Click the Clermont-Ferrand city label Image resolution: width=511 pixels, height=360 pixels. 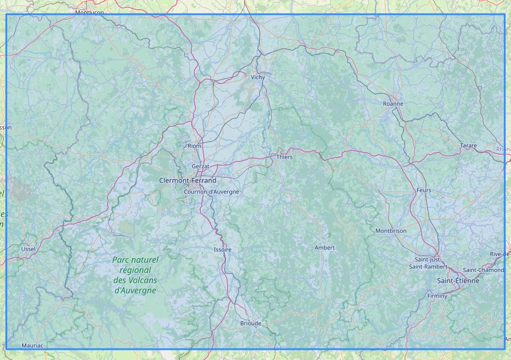click(x=188, y=180)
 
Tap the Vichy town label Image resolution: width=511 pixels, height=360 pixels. click(x=258, y=77)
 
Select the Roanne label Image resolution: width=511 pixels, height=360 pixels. click(x=393, y=104)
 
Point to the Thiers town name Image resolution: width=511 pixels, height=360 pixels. click(x=285, y=156)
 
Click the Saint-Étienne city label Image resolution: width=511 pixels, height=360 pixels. click(x=458, y=281)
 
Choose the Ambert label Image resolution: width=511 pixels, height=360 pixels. click(x=324, y=247)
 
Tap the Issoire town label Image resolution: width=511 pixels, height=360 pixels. click(x=222, y=250)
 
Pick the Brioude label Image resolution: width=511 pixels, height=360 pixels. click(x=250, y=323)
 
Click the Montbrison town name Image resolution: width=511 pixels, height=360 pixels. click(x=391, y=231)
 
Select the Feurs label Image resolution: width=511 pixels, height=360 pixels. click(x=423, y=190)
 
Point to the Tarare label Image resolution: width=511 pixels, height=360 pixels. click(x=468, y=146)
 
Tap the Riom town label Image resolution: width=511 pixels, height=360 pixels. click(x=195, y=146)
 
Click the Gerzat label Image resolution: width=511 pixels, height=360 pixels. click(x=201, y=166)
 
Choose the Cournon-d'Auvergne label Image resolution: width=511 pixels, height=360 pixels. click(x=211, y=192)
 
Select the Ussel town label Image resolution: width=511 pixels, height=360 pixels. click(x=28, y=249)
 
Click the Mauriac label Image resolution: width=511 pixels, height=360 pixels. click(x=32, y=345)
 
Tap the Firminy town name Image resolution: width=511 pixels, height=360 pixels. click(x=437, y=296)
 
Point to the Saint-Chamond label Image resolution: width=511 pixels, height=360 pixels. click(x=483, y=270)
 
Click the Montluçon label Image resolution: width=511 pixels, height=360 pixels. click(x=89, y=12)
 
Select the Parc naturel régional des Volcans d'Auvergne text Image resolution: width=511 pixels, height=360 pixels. click(x=135, y=275)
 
